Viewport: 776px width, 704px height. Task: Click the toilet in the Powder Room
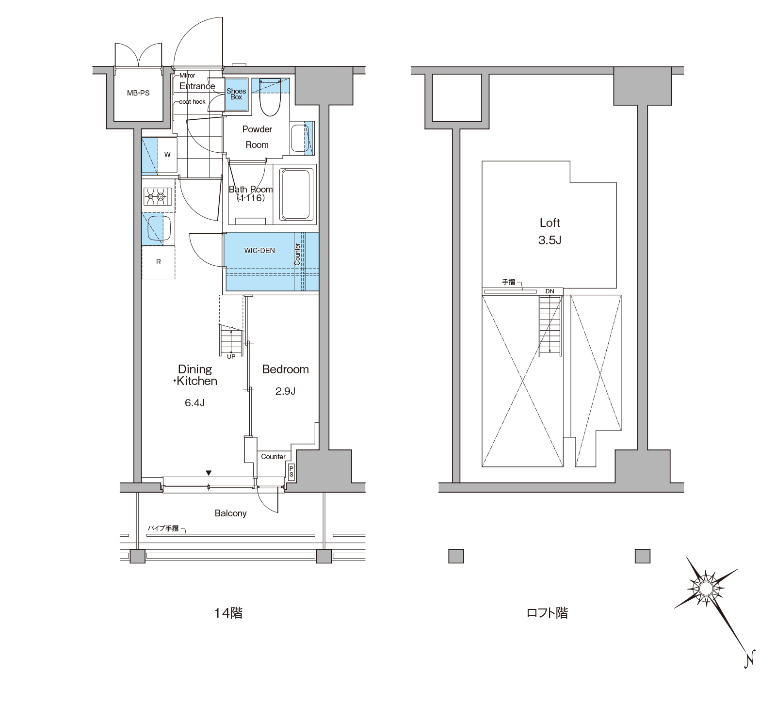[x=270, y=97]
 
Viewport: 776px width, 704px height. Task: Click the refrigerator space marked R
[x=158, y=262]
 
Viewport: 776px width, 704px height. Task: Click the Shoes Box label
[x=236, y=94]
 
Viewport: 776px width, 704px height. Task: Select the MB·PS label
[x=138, y=93]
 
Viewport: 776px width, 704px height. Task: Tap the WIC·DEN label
[x=259, y=251]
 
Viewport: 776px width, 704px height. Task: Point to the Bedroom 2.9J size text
[x=285, y=391]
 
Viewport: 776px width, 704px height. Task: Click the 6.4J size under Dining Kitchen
[x=194, y=403]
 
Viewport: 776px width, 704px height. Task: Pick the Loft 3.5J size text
[x=550, y=240]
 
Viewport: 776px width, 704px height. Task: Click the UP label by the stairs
[x=231, y=357]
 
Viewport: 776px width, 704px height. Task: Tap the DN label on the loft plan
[x=550, y=291]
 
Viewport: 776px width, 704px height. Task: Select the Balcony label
[x=231, y=513]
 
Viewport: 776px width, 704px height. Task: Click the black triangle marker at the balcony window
[x=209, y=473]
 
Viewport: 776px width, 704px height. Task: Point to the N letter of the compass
[x=750, y=659]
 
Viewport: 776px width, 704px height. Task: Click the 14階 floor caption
[x=228, y=613]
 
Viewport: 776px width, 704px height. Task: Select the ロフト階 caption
[x=547, y=613]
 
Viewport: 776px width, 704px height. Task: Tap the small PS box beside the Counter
[x=291, y=472]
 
